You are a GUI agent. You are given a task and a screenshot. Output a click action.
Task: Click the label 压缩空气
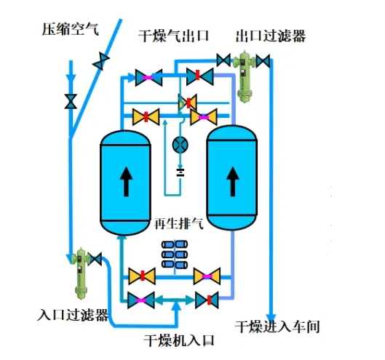pyautogui.click(x=70, y=29)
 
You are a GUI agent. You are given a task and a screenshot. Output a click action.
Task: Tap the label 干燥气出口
pyautogui.click(x=174, y=36)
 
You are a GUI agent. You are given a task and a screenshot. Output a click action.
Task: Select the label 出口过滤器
pyautogui.click(x=271, y=36)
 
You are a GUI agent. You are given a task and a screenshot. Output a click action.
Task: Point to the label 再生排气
pyautogui.click(x=179, y=223)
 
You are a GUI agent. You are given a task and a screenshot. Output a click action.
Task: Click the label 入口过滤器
pyautogui.click(x=73, y=314)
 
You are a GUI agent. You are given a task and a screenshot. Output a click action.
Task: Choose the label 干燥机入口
pyautogui.click(x=179, y=340)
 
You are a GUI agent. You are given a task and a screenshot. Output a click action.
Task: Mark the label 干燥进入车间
pyautogui.click(x=277, y=327)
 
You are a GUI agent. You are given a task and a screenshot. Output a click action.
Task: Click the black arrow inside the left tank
pyautogui.click(x=126, y=182)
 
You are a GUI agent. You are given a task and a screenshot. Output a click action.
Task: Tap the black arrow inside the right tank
pyautogui.click(x=232, y=182)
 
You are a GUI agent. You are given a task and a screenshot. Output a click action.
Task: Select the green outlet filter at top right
pyautogui.click(x=244, y=76)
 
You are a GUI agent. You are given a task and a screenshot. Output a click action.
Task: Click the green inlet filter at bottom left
pyautogui.click(x=80, y=273)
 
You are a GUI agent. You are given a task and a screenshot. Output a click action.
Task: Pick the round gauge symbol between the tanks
pyautogui.click(x=180, y=144)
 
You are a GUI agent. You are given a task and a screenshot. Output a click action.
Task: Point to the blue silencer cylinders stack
pyautogui.click(x=175, y=254)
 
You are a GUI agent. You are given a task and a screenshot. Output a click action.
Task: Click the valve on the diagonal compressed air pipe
pyautogui.click(x=101, y=61)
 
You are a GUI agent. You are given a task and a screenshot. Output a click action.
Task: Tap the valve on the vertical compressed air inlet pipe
pyautogui.click(x=71, y=101)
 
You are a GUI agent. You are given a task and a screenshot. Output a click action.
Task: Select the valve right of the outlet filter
pyautogui.click(x=263, y=61)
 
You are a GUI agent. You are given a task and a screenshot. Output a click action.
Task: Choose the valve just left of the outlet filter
pyautogui.click(x=223, y=60)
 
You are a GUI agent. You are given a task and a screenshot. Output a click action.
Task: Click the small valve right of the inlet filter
pyautogui.click(x=95, y=259)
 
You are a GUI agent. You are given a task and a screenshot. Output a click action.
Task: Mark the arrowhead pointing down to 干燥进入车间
pyautogui.click(x=271, y=318)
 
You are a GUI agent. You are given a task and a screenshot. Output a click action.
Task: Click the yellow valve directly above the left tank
pyautogui.click(x=146, y=117)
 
